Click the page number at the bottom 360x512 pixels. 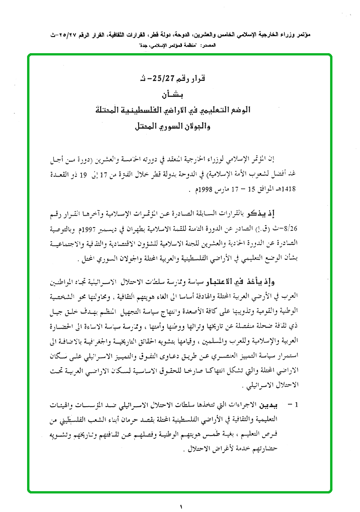pos(180,504)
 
